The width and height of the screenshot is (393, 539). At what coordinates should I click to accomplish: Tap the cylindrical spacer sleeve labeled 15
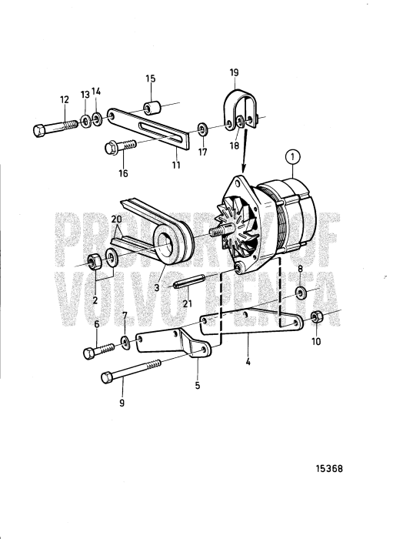pyautogui.click(x=151, y=105)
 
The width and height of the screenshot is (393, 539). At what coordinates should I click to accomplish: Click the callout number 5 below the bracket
pyautogui.click(x=198, y=386)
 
